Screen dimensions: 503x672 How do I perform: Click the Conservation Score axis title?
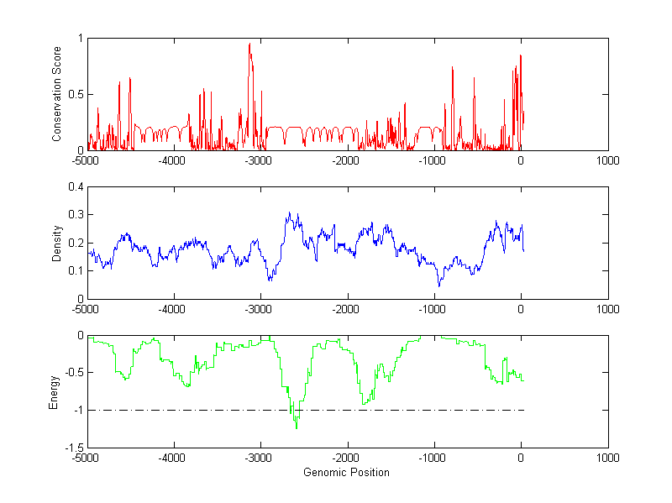[56, 94]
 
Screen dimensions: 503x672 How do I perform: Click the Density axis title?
[56, 243]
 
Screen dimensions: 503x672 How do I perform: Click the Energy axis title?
[55, 391]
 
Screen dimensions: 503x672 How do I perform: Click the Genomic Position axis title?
[346, 472]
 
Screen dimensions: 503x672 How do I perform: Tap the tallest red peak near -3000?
[249, 44]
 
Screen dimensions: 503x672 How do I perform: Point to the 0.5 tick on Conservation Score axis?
[76, 94]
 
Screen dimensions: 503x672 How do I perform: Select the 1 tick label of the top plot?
[80, 38]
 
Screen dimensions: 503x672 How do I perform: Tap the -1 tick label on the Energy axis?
[77, 411]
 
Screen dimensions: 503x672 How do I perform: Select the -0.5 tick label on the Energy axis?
[72, 373]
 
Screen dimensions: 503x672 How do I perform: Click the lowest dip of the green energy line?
[296, 428]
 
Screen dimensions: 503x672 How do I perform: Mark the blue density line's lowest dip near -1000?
[438, 286]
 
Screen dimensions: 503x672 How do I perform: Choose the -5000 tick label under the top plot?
[87, 160]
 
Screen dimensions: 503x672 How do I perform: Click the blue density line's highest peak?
[289, 212]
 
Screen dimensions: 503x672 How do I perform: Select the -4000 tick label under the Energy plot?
[173, 458]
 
